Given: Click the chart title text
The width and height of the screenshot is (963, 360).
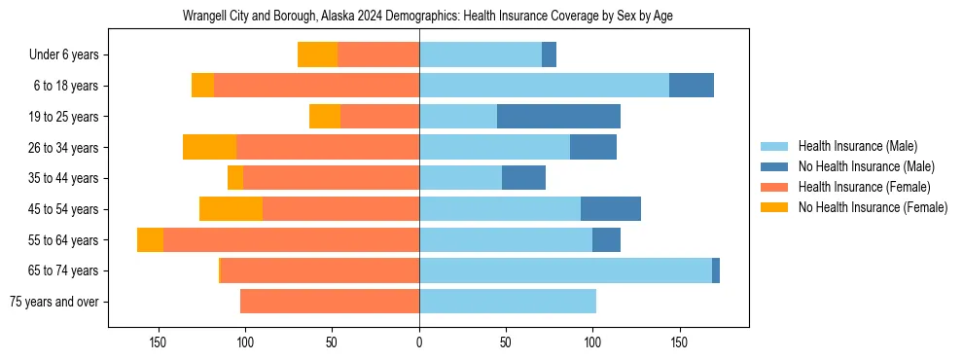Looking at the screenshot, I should pos(428,17).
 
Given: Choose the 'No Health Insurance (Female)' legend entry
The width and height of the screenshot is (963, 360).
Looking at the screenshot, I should pos(873,207).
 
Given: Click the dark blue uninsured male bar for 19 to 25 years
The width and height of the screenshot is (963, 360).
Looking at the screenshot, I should pos(558,117).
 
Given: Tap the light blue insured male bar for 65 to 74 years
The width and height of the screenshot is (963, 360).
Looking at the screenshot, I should pos(565,270).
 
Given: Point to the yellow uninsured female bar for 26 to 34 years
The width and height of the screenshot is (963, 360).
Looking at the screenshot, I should pos(209,147).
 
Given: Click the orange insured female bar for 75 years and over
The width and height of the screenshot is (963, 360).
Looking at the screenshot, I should pos(330,302).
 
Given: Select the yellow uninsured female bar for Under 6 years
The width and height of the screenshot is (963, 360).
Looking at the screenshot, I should pos(317,55).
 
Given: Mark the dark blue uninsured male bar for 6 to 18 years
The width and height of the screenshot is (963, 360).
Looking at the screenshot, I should pos(691,86).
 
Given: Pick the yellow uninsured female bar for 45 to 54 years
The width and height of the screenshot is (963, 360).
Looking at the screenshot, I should pos(231,209).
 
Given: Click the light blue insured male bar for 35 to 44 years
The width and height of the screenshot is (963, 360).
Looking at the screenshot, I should pos(460,178).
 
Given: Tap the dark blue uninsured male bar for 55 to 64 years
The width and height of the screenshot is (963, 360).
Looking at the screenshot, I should pos(606,239).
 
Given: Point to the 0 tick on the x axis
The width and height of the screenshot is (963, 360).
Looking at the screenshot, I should pos(419,342).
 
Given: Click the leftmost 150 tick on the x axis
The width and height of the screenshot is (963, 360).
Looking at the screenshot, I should pos(159,342).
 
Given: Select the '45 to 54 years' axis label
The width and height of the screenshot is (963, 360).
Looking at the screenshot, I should pos(64,209).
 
